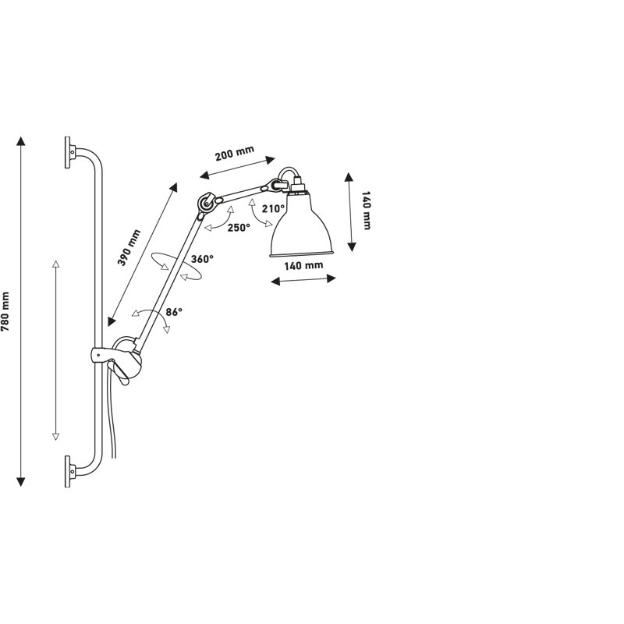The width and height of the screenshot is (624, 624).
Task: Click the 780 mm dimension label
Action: coord(5,311)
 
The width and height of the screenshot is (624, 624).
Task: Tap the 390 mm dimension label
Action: coord(129,247)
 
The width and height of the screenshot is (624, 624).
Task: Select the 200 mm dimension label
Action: coord(235,153)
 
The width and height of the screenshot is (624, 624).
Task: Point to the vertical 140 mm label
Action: coord(366,211)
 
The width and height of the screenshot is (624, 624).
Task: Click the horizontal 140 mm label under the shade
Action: coord(303,265)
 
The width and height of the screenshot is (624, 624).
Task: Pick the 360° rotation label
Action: coord(202,259)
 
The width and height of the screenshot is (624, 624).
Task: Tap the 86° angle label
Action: coord(174,311)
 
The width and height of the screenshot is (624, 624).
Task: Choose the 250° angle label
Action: coord(239,227)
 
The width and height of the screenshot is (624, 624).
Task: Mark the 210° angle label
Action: coord(273,208)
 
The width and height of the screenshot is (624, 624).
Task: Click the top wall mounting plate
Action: coord(68,152)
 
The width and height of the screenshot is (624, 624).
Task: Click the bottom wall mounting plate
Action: coord(68,471)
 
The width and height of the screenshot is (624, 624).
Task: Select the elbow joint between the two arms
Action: coord(207,203)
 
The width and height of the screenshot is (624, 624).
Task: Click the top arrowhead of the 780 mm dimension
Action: coord(21,140)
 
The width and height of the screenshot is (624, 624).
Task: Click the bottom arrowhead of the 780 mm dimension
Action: coord(21,481)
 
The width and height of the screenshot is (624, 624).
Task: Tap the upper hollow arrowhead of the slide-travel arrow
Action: coord(55,264)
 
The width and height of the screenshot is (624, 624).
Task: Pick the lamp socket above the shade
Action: coord(297,186)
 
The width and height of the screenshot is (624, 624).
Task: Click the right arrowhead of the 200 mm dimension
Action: coord(270,160)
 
